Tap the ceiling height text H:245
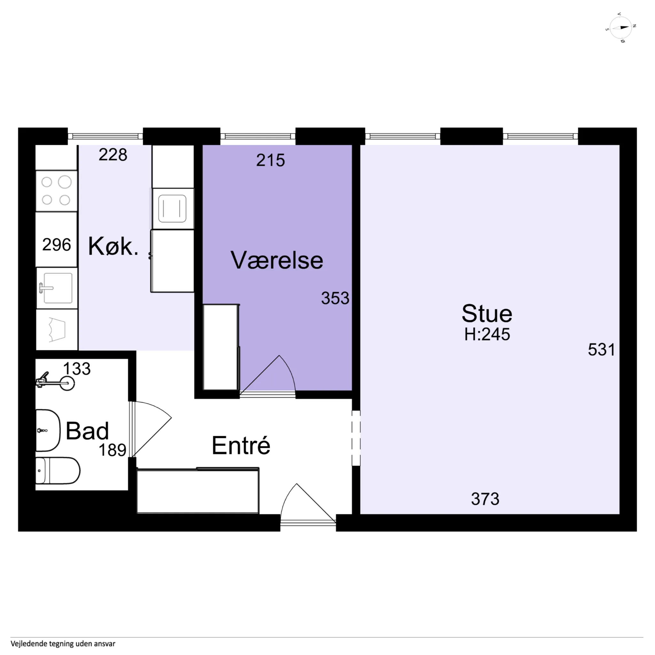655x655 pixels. (x=487, y=334)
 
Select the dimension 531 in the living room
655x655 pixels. (x=601, y=350)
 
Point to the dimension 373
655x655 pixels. (x=485, y=499)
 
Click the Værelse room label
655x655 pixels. (x=277, y=260)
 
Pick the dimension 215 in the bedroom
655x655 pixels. (x=271, y=160)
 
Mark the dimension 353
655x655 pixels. (x=335, y=298)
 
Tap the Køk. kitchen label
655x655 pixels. (x=113, y=246)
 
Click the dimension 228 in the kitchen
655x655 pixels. (x=113, y=155)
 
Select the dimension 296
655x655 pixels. (x=57, y=245)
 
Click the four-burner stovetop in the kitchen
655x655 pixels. (x=57, y=191)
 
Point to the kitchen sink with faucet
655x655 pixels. (x=57, y=288)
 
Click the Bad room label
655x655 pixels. (x=87, y=431)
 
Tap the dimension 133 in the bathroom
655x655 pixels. (x=77, y=368)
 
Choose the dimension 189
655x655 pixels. (x=112, y=450)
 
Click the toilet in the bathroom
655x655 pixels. (x=58, y=471)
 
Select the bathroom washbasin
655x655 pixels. (x=48, y=430)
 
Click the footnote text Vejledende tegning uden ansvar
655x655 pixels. (x=63, y=643)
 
